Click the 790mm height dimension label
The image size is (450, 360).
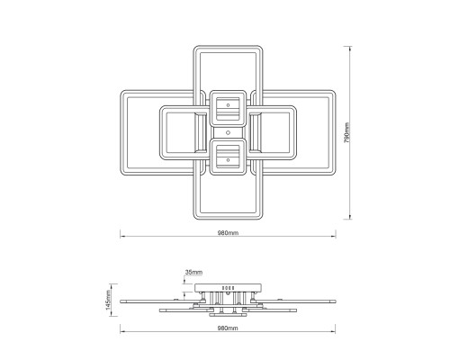[x=346, y=132]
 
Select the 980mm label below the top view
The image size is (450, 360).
[x=228, y=233]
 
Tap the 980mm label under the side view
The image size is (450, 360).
[x=228, y=328]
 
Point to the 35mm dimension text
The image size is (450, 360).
[x=193, y=273]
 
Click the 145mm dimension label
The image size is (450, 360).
[x=108, y=300]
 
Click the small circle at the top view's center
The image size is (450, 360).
[x=228, y=132]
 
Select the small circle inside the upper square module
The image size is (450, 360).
[x=228, y=105]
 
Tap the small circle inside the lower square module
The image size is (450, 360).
[x=228, y=160]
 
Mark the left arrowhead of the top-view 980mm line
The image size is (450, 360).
[x=122, y=237]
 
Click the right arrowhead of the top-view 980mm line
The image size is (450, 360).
[x=334, y=237]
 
